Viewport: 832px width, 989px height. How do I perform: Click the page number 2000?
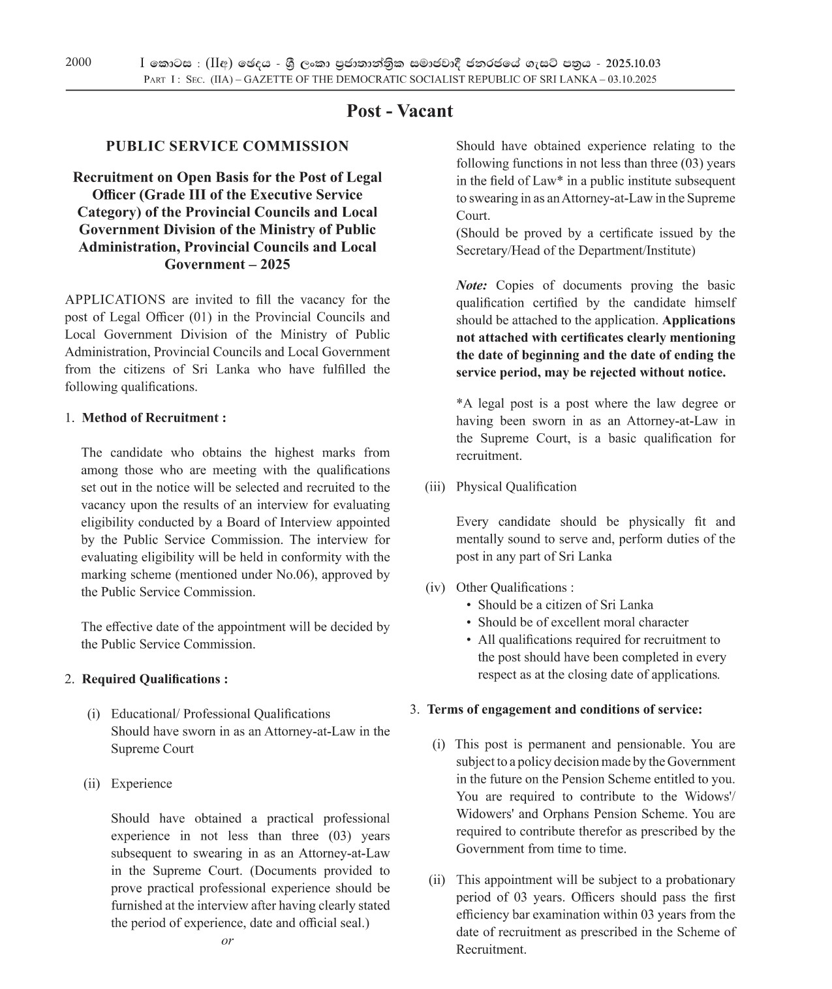[78, 63]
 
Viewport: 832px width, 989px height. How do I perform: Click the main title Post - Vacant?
[399, 111]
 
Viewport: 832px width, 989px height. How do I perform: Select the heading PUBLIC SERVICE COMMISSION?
[227, 146]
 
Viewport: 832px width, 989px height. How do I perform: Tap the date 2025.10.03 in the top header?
[632, 63]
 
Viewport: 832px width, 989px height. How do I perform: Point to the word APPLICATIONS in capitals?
[115, 300]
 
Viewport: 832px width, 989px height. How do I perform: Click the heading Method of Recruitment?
[154, 418]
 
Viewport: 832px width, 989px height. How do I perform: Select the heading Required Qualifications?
[155, 679]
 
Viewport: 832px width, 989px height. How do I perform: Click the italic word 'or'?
[227, 941]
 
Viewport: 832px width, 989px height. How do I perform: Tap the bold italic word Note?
[471, 286]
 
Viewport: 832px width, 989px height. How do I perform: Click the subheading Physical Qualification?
[516, 487]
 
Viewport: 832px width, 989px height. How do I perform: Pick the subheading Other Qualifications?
[514, 587]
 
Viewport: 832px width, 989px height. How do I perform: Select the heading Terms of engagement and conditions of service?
[564, 709]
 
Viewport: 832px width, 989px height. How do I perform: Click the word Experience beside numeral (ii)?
[141, 784]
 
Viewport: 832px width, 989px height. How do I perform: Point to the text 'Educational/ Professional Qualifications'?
[221, 714]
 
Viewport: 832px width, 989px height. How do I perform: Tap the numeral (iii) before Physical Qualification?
[435, 487]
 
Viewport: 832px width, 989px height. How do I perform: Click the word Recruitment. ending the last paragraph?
[491, 950]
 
